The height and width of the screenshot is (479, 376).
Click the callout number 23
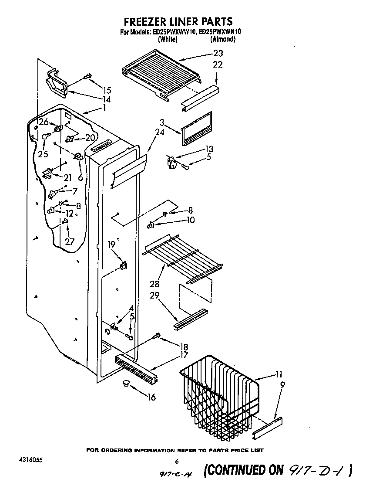[x=218, y=54]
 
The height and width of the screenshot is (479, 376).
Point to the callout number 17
[x=184, y=355]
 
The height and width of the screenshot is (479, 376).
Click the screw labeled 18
[x=157, y=336]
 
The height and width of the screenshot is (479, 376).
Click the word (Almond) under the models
[x=223, y=39]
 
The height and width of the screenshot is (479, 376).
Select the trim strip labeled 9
[x=268, y=428]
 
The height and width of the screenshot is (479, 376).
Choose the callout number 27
[x=70, y=242]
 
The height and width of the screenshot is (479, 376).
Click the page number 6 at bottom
[x=177, y=462]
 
